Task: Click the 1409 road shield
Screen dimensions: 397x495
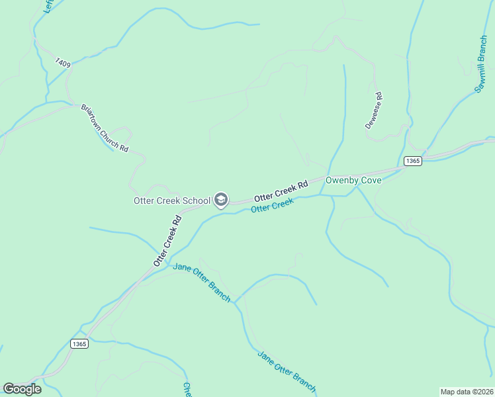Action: point(64,63)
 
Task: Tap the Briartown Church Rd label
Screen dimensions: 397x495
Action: point(104,128)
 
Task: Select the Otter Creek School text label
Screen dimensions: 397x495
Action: point(172,200)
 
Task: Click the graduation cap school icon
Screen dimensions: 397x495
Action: point(220,200)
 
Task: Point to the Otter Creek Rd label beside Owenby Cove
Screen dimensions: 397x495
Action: point(282,191)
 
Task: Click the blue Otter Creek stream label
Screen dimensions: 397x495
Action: point(272,206)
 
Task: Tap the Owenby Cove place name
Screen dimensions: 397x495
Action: point(353,180)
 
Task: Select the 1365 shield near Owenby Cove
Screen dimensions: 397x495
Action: point(412,161)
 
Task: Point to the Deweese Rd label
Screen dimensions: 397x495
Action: point(374,110)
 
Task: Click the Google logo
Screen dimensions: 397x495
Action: point(22,389)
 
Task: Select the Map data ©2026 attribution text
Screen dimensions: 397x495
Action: point(467,391)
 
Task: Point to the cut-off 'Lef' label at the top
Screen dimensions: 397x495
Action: point(47,6)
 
